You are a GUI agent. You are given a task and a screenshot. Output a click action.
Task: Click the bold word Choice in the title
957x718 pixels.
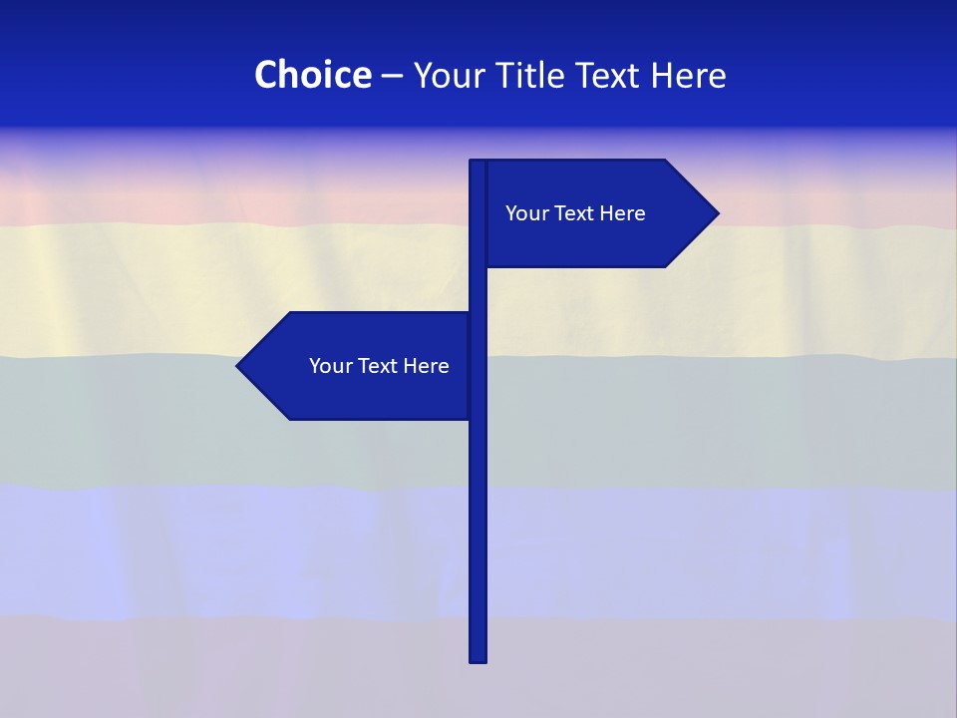click(312, 75)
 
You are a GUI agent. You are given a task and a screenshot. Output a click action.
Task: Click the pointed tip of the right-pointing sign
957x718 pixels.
click(716, 212)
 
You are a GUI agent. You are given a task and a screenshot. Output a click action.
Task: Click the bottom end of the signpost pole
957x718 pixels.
click(478, 659)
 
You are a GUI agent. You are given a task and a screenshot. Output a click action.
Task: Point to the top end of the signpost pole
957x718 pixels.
click(478, 163)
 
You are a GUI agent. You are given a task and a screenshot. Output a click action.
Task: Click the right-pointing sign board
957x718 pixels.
click(588, 239)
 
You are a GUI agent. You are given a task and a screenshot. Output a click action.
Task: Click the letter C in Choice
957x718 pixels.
click(265, 75)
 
